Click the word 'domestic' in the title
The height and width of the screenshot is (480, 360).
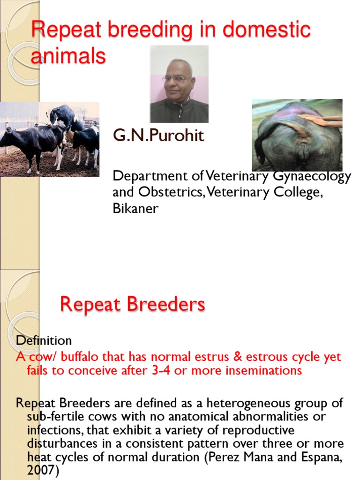coord(267,30)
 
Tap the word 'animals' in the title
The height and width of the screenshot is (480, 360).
coord(68,56)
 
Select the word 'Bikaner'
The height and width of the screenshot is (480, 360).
coord(135,209)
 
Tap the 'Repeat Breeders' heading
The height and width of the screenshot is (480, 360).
coord(132,305)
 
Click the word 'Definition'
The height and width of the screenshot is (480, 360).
coord(44,340)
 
